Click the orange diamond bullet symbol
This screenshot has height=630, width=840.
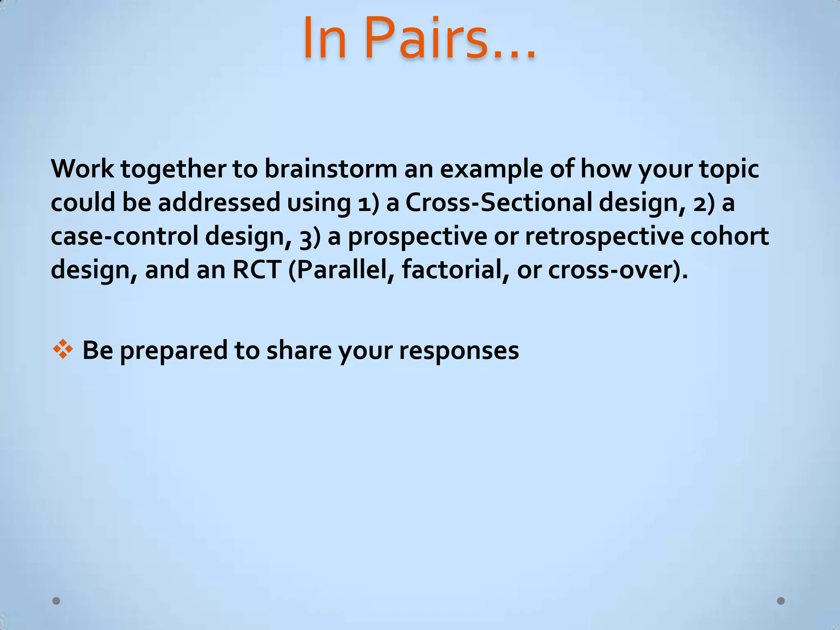pyautogui.click(x=63, y=350)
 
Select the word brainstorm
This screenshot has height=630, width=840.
pyautogui.click(x=331, y=169)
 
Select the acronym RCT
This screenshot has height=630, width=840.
pyautogui.click(x=257, y=270)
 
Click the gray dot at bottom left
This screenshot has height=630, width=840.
pyautogui.click(x=57, y=601)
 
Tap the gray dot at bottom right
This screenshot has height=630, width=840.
pyautogui.click(x=781, y=601)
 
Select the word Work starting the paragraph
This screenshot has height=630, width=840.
pyautogui.click(x=82, y=169)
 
